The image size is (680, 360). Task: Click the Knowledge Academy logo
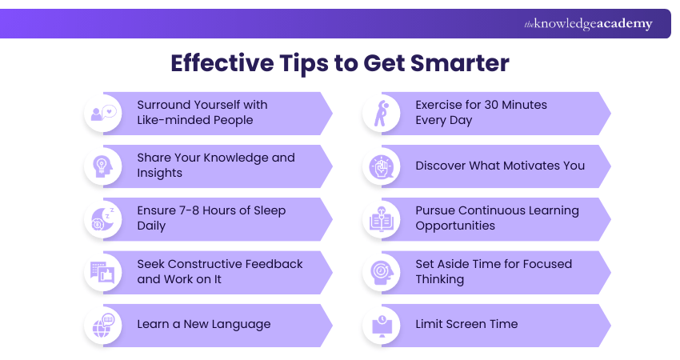[588, 24]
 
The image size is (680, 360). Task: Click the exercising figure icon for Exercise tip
[382, 113]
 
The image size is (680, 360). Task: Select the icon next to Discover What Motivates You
[382, 166]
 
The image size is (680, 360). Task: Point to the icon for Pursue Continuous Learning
[382, 218]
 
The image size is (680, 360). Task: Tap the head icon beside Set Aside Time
[382, 271]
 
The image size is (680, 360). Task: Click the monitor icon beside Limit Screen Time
[382, 325]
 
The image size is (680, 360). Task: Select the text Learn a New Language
[203, 324]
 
